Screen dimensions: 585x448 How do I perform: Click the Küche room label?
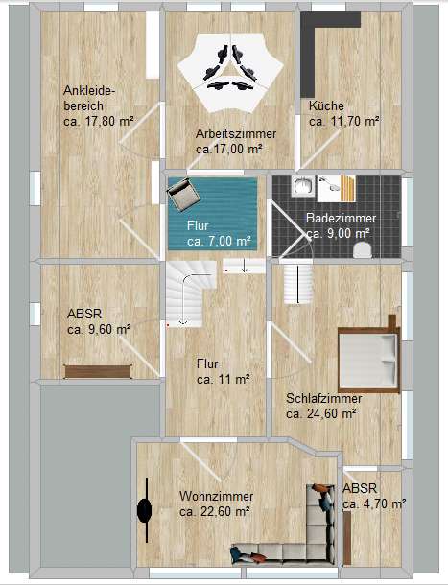(x=326, y=105)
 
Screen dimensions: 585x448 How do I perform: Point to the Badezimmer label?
(x=341, y=218)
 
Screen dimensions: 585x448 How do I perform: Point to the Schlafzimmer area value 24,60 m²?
(x=321, y=414)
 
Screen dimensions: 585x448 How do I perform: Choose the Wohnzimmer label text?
(x=216, y=496)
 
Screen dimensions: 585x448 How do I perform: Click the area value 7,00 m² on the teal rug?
(x=219, y=242)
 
